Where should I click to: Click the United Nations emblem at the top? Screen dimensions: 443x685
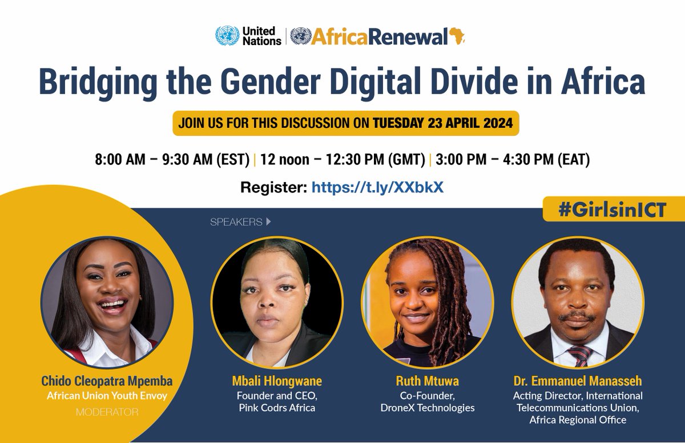coord(227,36)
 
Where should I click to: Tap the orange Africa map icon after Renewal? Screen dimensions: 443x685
coord(456,36)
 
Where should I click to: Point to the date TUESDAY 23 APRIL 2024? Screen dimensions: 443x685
coord(442,123)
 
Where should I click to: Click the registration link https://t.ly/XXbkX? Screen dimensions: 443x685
coord(377,187)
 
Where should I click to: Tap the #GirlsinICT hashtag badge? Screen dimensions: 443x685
coord(613,209)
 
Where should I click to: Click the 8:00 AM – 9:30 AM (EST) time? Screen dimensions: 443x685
coord(172,159)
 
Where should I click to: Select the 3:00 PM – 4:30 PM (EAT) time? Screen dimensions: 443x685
coord(513,159)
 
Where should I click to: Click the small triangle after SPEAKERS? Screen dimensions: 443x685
coord(268,221)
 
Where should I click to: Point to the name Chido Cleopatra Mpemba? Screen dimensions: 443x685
coord(107,380)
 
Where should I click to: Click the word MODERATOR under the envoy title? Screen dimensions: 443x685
coord(107,411)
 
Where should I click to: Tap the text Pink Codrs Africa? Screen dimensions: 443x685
coord(277,408)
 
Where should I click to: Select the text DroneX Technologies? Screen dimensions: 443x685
coord(427,408)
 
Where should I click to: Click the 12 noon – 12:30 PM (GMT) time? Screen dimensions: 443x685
coord(342,159)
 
